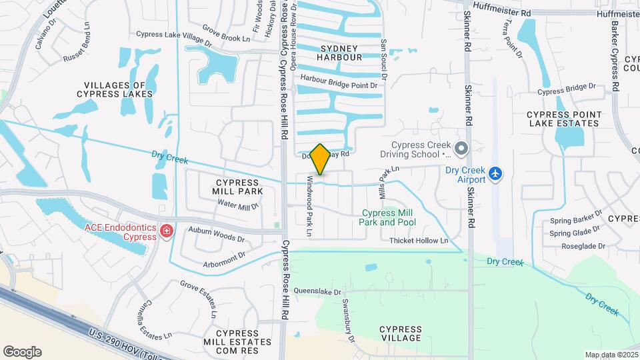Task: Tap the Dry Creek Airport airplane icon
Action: pos(495,173)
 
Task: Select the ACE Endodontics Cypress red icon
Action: pos(166,231)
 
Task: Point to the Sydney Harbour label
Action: pos(341,53)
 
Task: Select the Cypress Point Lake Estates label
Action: pos(563,119)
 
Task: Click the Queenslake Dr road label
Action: pos(317,291)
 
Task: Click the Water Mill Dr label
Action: pos(238,205)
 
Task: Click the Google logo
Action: pos(22,352)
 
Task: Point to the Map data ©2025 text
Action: pos(611,355)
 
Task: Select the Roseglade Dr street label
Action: pos(583,246)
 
